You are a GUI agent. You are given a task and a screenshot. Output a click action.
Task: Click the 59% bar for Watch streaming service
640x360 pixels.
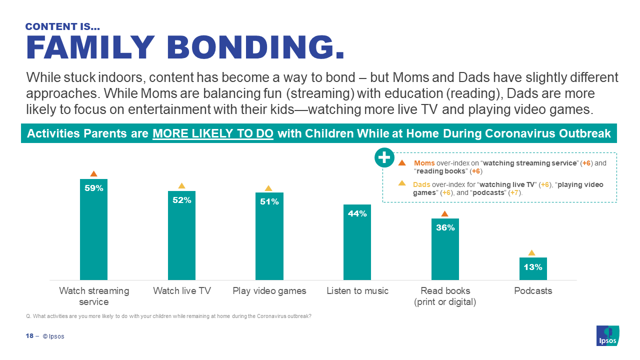point(93,235)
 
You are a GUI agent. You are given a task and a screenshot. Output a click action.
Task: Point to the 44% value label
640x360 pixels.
point(357,214)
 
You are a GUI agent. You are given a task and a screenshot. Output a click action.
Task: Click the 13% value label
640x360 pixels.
point(533,267)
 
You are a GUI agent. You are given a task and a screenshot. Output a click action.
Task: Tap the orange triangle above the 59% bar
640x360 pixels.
point(93,173)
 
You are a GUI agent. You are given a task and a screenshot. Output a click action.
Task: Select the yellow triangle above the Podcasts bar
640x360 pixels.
point(531,253)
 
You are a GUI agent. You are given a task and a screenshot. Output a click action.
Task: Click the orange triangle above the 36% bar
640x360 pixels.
point(444,214)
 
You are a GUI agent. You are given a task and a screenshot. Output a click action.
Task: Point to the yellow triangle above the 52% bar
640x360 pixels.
point(181,186)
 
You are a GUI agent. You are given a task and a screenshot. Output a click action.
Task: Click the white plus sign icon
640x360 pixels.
point(383,158)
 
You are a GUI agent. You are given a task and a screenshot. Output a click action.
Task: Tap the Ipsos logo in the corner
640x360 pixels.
point(607,335)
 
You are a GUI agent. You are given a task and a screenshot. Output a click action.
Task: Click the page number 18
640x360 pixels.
point(29,336)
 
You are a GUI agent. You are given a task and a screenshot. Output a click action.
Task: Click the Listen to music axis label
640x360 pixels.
point(357,291)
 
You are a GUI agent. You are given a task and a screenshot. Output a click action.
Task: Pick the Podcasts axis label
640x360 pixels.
point(533,291)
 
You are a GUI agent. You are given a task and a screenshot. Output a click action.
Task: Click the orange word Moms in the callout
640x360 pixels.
point(424,163)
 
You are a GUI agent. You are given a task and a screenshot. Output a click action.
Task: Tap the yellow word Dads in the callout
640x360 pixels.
point(421,184)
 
